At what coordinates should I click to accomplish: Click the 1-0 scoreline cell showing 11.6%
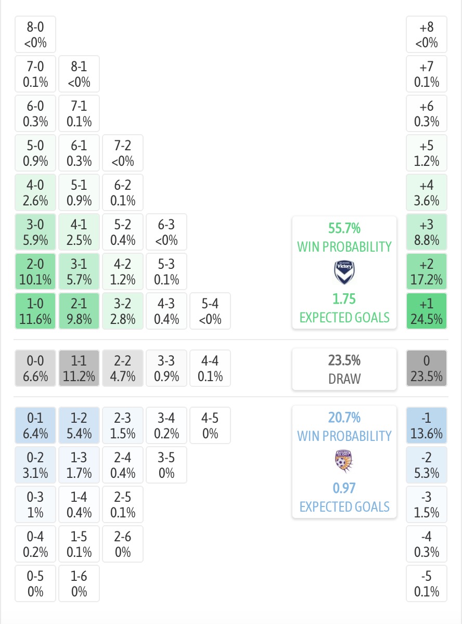[x=35, y=311]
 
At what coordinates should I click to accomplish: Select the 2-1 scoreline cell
[x=79, y=311]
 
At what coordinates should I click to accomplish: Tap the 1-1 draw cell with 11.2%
[x=79, y=368]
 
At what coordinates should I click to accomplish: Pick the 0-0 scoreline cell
[x=35, y=368]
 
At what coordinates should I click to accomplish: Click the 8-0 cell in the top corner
[x=35, y=34]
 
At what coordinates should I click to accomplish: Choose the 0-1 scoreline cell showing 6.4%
[x=35, y=425]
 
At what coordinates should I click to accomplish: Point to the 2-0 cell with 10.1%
[x=35, y=271]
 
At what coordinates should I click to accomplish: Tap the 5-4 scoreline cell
[x=210, y=311]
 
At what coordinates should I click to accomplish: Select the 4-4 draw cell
[x=210, y=368]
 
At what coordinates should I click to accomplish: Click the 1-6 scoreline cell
[x=79, y=583]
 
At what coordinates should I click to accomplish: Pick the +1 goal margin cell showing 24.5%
[x=427, y=311]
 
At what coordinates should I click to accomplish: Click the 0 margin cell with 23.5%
[x=427, y=368]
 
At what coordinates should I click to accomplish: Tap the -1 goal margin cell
[x=427, y=425]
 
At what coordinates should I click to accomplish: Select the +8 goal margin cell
[x=427, y=34]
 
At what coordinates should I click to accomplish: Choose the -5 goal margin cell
[x=427, y=583]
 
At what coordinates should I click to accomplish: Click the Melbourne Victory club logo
[x=344, y=272]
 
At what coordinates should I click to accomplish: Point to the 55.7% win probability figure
[x=344, y=228]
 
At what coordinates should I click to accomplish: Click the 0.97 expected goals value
[x=344, y=488]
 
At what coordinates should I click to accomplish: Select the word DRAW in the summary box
[x=344, y=379]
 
